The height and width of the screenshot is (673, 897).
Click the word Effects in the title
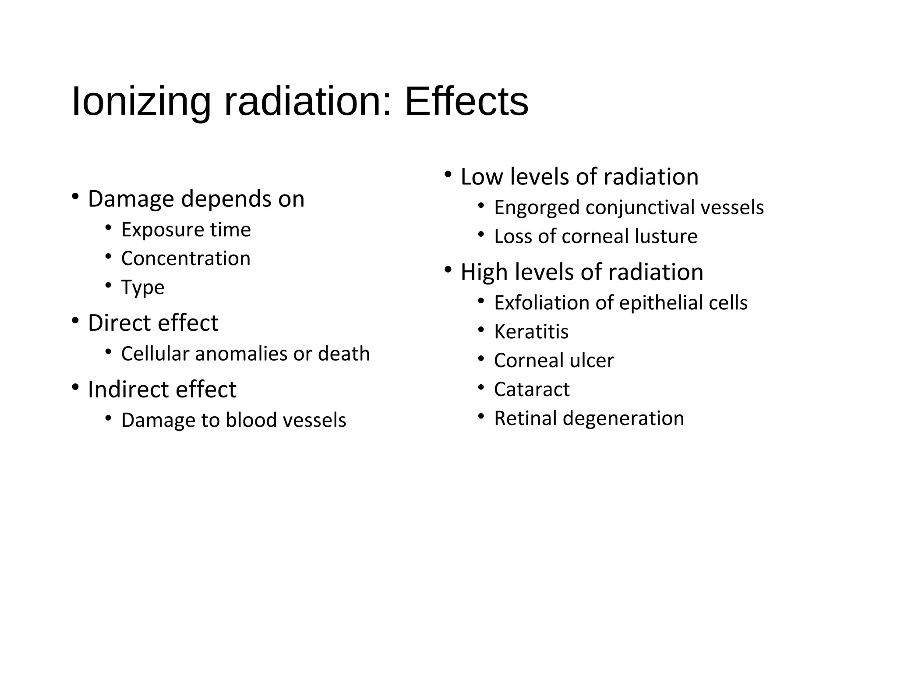click(466, 102)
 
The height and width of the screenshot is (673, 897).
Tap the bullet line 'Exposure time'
click(186, 230)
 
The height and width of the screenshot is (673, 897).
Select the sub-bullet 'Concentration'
click(186, 259)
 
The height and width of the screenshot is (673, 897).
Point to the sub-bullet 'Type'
click(143, 287)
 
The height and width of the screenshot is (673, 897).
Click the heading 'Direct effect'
click(153, 323)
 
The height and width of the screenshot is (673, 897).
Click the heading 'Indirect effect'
click(162, 389)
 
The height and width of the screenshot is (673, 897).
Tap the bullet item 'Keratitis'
click(531, 332)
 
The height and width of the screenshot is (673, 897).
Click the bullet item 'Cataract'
click(532, 389)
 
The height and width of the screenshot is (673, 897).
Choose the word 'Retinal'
click(526, 418)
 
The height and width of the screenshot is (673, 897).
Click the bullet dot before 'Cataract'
click(481, 387)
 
